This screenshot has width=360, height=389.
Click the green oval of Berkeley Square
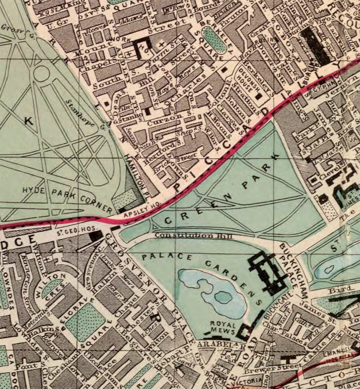[x=214, y=40]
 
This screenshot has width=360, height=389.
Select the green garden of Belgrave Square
[x=85, y=319]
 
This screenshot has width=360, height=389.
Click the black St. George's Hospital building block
[x=97, y=236]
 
